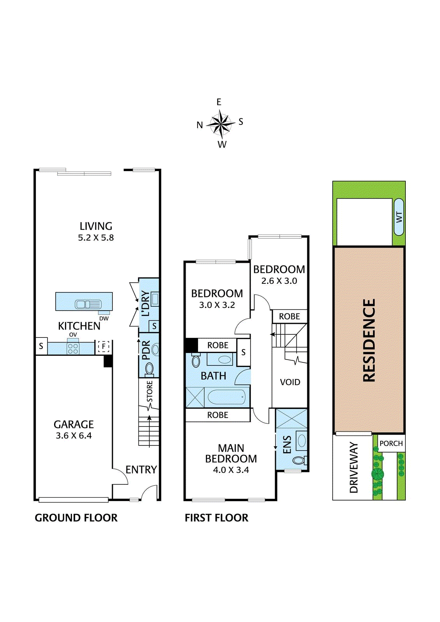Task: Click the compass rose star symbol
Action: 221,124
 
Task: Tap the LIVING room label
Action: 96,226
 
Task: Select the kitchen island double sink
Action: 88,304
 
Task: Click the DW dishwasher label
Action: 104,318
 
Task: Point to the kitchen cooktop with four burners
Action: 73,348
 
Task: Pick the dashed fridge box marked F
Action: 103,346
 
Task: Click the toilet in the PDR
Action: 149,369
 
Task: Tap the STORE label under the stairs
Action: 150,391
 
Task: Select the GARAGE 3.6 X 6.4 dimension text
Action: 74,436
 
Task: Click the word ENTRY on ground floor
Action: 141,470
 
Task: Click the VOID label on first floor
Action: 290,382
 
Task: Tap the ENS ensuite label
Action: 287,445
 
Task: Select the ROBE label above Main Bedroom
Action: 217,415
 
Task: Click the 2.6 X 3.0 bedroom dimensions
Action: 279,281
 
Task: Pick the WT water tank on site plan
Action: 399,217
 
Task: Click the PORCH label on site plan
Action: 391,444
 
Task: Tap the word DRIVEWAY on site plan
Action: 354,467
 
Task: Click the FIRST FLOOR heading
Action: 216,518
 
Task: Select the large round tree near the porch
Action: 377,473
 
